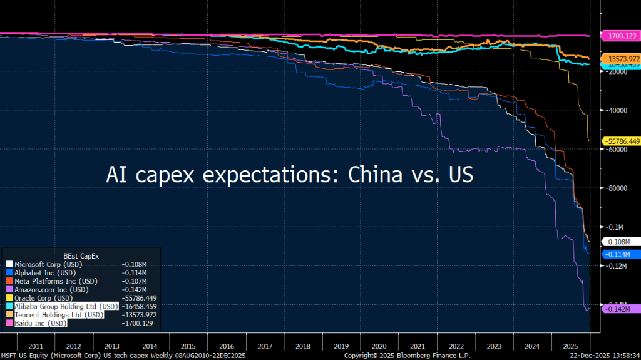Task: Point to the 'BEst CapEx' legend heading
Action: [x=81, y=255]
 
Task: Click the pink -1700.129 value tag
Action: [x=619, y=35]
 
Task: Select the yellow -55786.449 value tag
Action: [x=620, y=141]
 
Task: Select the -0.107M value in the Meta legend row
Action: [x=133, y=281]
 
